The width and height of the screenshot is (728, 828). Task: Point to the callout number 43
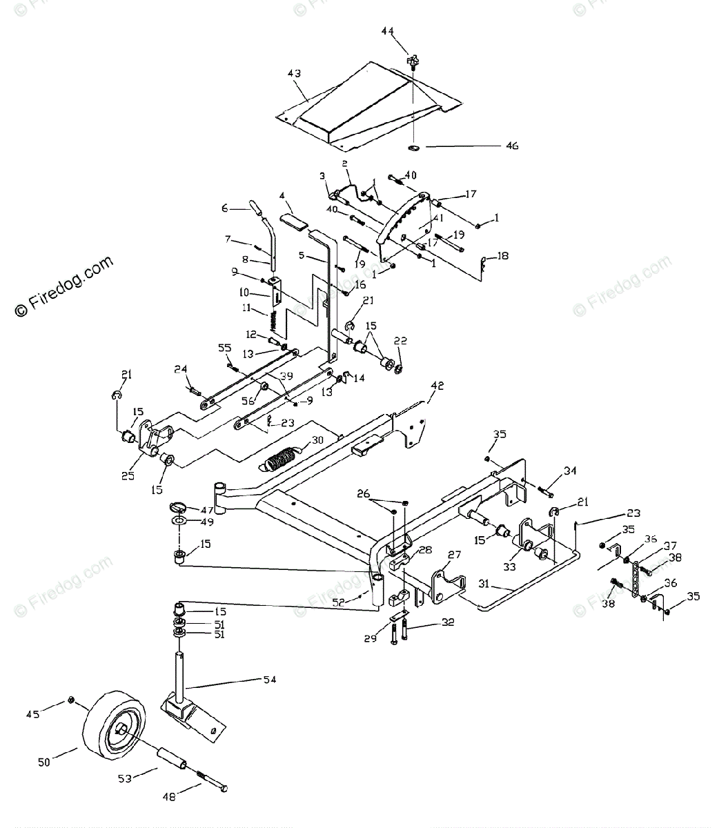tap(294, 73)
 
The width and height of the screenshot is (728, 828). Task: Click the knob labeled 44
tap(413, 61)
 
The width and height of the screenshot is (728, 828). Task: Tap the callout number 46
tap(512, 146)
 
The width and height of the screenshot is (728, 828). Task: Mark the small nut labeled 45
tap(71, 702)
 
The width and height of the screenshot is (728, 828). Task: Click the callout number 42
tap(437, 386)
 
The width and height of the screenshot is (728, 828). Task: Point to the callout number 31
tap(484, 584)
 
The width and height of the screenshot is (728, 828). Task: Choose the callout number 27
tap(453, 554)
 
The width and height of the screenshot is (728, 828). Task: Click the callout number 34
tap(569, 471)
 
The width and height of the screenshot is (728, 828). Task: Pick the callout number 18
tap(502, 256)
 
